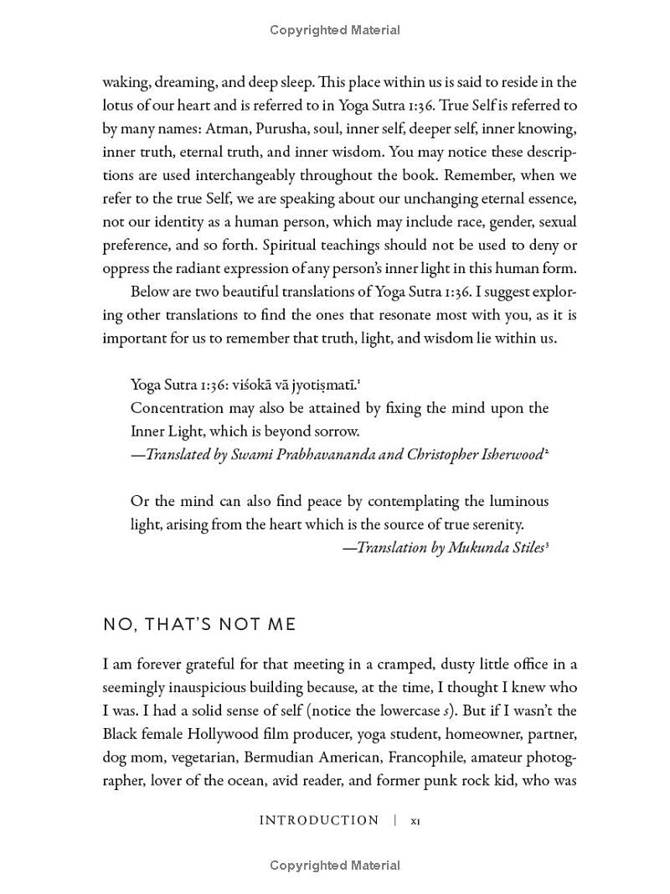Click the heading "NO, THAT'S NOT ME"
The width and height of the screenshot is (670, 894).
[x=199, y=625]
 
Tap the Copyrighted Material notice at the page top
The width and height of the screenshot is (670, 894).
[x=335, y=30]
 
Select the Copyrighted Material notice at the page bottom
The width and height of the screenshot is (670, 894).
[x=335, y=866]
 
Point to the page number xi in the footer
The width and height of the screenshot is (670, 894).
[x=415, y=821]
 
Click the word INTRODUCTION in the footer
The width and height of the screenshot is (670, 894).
[x=319, y=821]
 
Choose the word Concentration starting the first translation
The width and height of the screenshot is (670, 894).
[x=177, y=409]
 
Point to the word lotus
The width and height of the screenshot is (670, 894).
[x=120, y=106]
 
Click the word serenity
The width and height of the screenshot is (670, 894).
[x=494, y=525]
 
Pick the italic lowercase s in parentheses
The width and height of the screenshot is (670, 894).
[x=446, y=711]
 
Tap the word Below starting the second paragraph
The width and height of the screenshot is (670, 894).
[x=150, y=292]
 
